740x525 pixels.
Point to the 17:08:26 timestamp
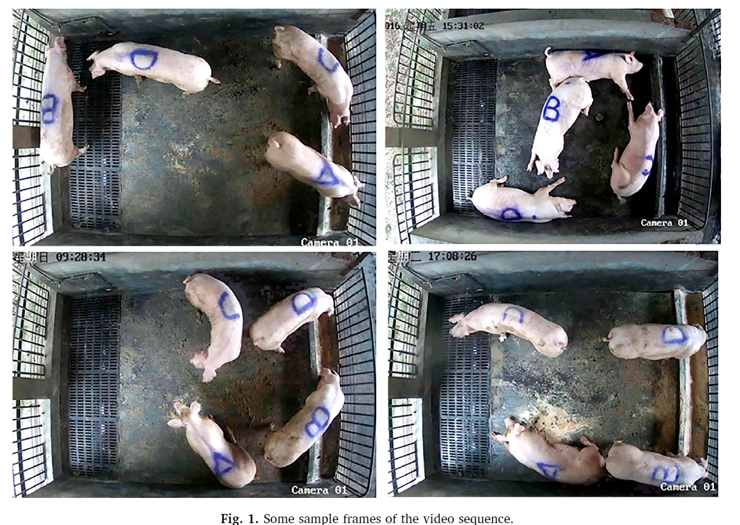(452, 256)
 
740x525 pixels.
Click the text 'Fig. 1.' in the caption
(240, 518)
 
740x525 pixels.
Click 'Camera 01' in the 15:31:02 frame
(664, 223)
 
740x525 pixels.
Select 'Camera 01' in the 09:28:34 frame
(319, 489)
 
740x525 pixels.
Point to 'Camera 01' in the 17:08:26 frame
(688, 486)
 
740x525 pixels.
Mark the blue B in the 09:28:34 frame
(318, 421)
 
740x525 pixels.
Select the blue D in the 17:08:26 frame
(675, 335)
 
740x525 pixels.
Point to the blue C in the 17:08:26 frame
(513, 315)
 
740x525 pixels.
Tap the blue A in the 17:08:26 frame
(549, 470)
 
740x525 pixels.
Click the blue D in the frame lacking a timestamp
(144, 59)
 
